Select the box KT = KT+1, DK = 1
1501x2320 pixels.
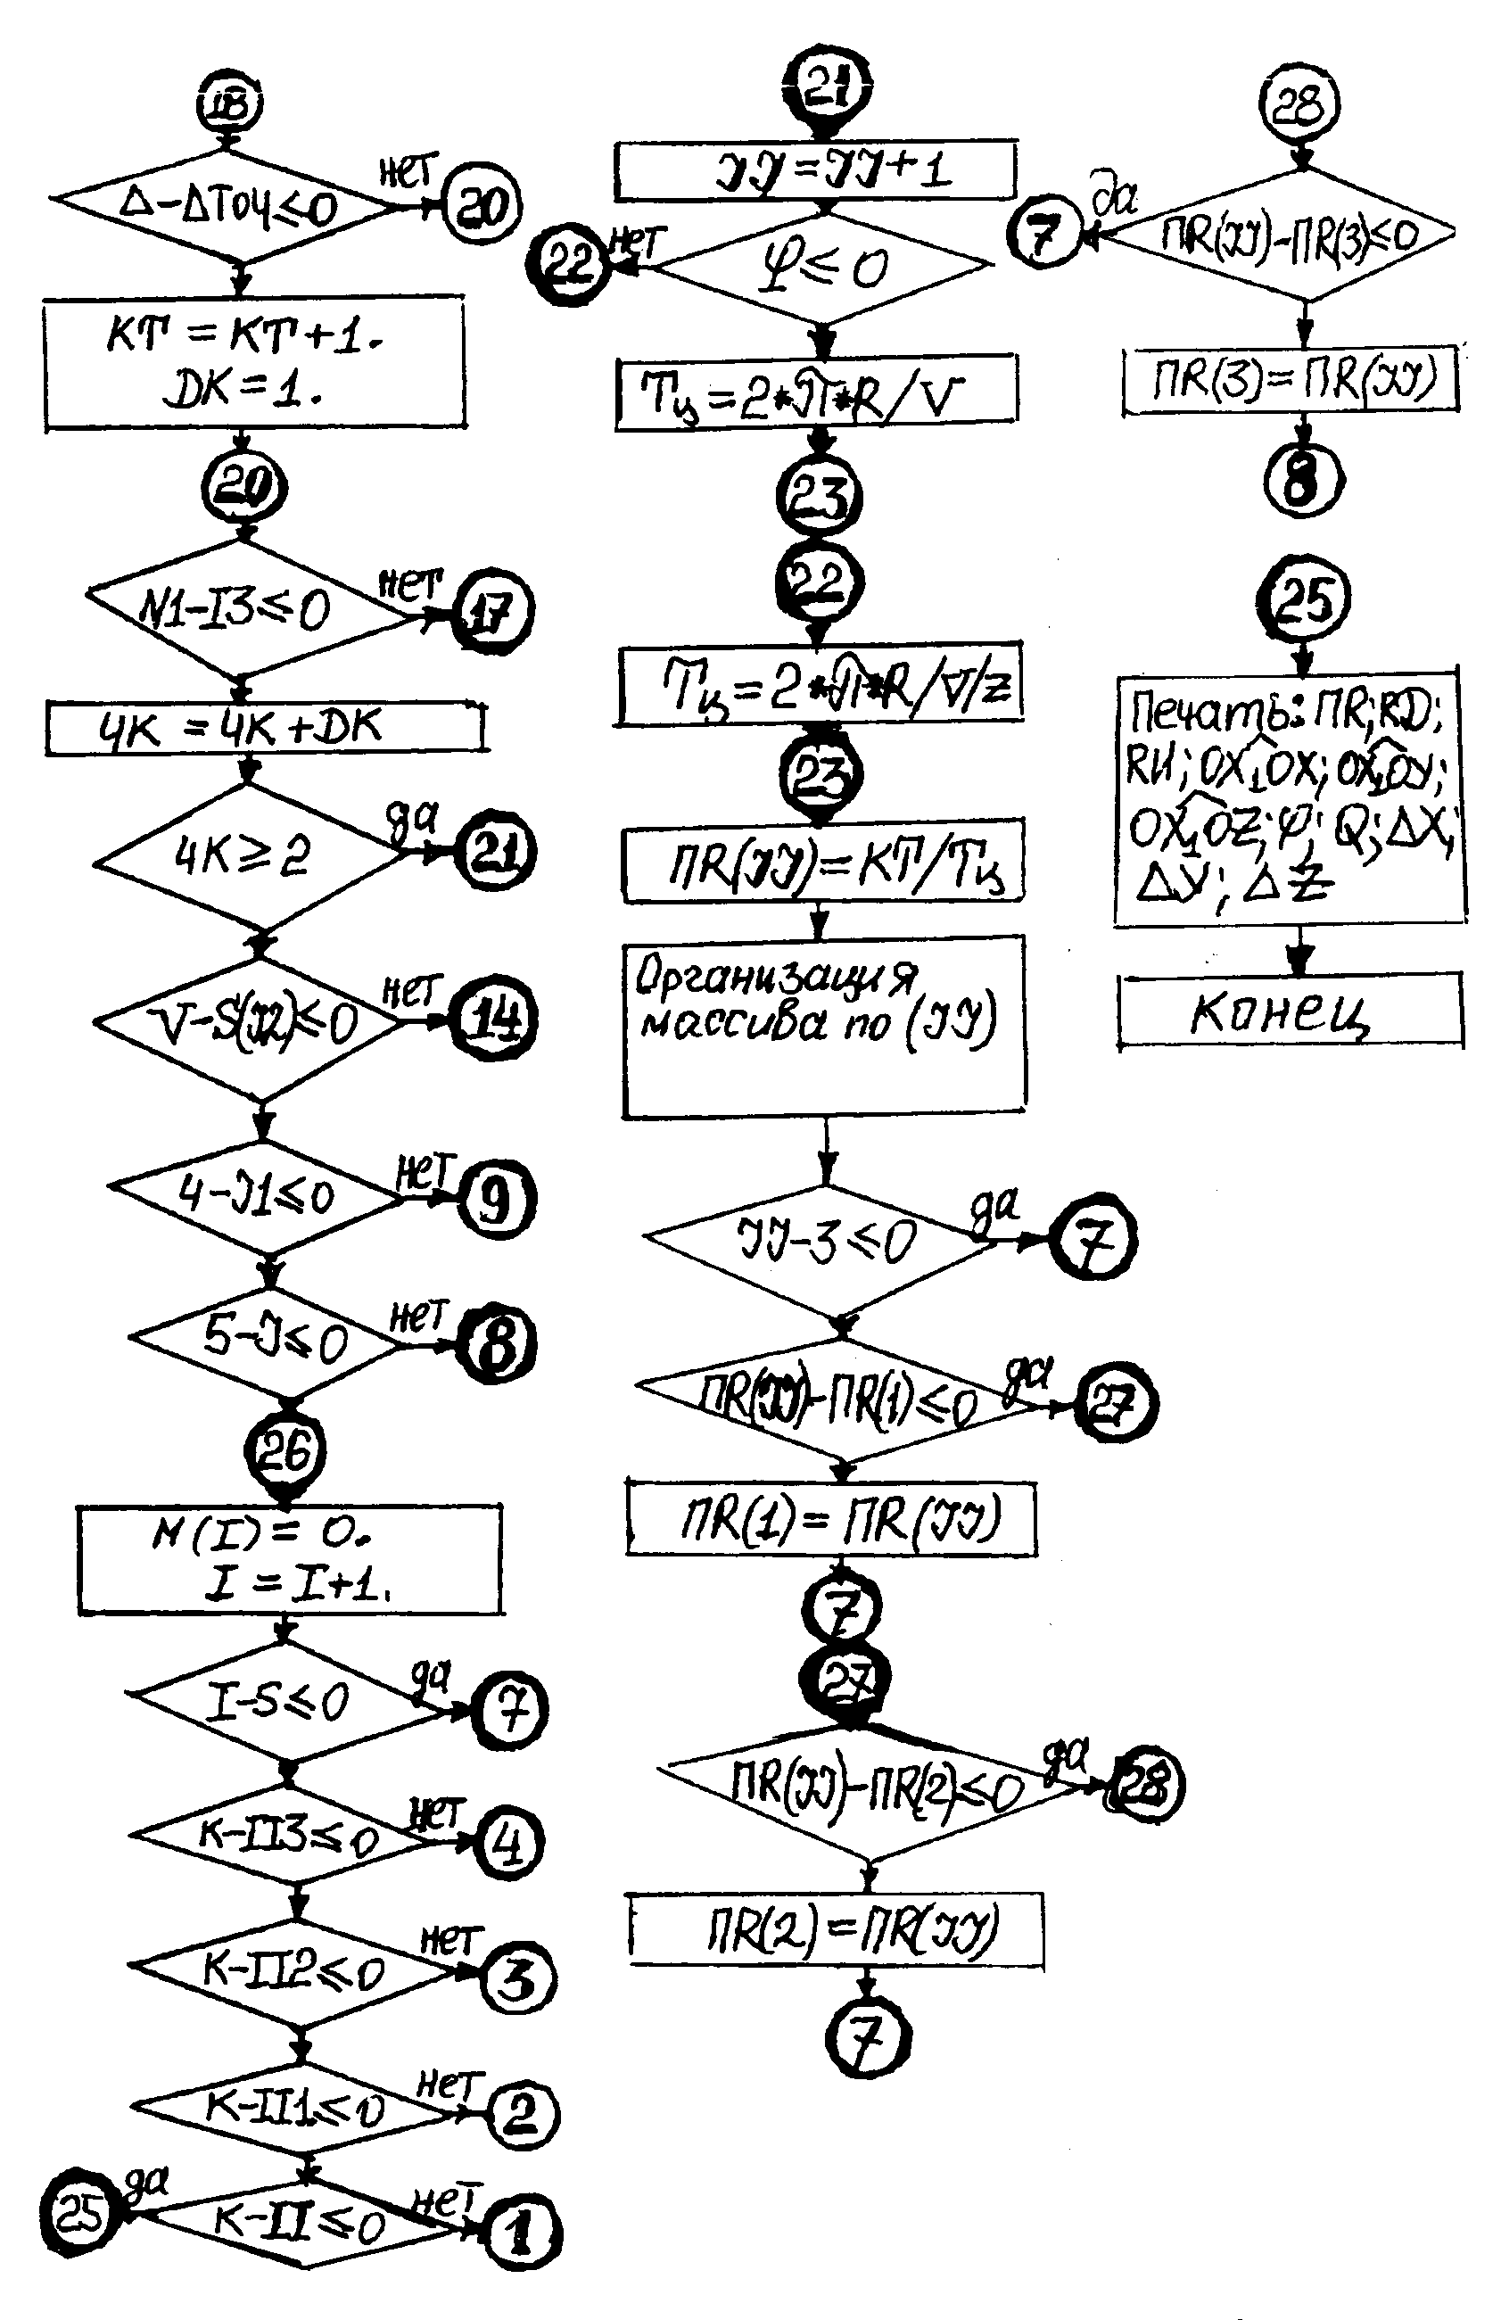(254, 365)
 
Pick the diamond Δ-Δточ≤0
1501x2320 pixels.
(227, 205)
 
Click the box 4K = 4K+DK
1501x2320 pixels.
(265, 728)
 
